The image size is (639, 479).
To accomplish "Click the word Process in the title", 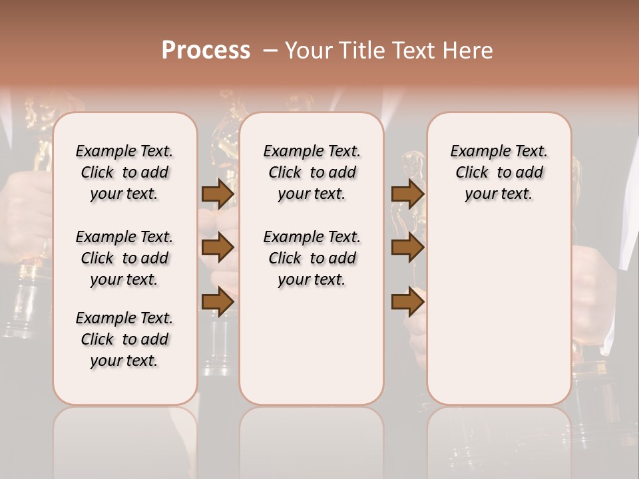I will coord(206,51).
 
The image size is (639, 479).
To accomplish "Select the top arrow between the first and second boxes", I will coord(218,194).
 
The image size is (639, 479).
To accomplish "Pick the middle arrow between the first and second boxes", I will coord(218,247).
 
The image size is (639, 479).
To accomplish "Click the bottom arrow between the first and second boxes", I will coord(218,302).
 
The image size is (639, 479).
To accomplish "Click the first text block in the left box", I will coord(124,172).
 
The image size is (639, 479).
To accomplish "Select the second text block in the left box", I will coord(124,258).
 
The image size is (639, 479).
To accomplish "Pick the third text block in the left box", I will coord(124,339).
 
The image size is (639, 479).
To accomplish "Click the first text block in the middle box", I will coord(312,172).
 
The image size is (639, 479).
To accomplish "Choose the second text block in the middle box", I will coord(312,258).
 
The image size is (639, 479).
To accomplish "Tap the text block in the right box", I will coord(499,172).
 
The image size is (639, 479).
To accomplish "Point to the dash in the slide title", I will coord(270,51).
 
